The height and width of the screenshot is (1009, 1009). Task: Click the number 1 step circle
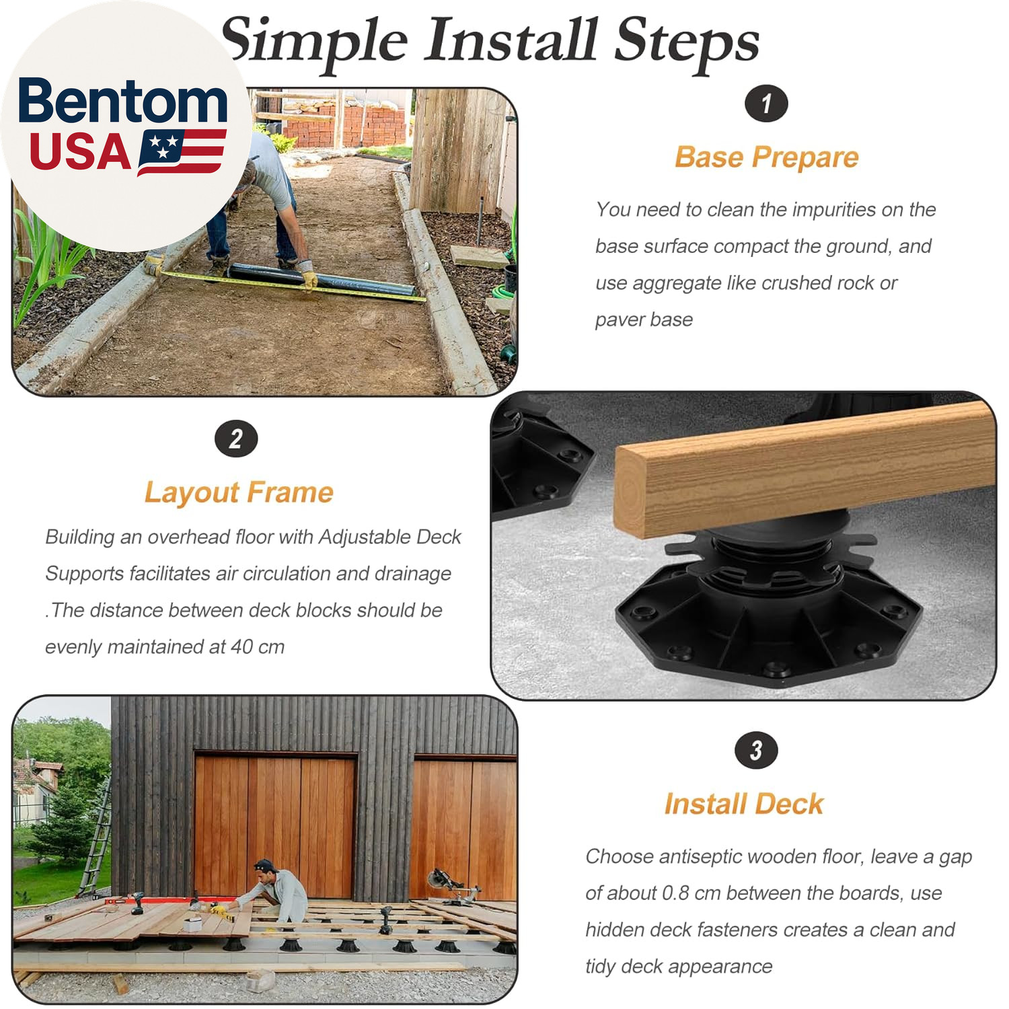tap(766, 104)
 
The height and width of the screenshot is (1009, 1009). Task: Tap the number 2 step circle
tap(236, 439)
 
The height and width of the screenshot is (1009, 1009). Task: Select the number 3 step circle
tap(756, 750)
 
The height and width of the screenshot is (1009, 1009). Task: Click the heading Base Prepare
tap(767, 157)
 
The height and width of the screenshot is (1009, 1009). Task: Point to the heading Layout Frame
tap(239, 492)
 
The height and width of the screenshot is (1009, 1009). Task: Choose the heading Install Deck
tap(744, 804)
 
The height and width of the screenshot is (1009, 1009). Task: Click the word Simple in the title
tap(315, 42)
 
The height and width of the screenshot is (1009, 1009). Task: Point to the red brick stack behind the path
tap(346, 126)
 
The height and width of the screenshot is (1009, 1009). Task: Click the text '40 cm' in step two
tap(258, 647)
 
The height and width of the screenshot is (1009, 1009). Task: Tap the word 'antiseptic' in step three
tap(700, 857)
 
